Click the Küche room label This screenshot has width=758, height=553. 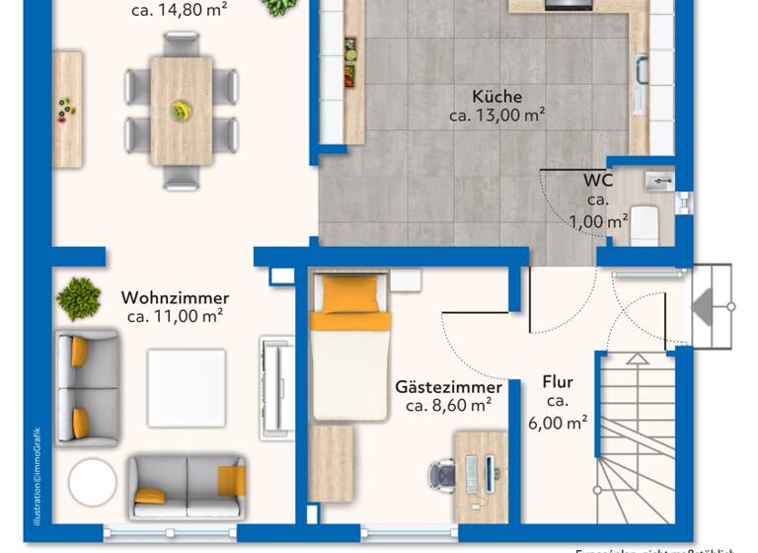tap(496, 97)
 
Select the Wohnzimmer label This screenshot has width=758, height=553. tap(175, 297)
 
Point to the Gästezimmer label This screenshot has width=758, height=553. tap(448, 387)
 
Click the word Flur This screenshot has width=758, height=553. tap(558, 382)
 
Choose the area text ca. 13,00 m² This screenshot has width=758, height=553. tap(496, 116)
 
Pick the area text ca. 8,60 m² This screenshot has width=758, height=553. tap(449, 406)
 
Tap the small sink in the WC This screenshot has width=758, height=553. tap(658, 181)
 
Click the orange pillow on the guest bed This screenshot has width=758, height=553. tap(350, 293)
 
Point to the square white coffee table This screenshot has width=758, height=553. tap(187, 388)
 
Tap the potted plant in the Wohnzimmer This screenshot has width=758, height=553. tap(79, 298)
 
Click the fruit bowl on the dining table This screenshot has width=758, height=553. tap(181, 111)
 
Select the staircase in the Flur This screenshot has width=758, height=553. tap(636, 434)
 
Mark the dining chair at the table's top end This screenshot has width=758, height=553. tap(182, 43)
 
